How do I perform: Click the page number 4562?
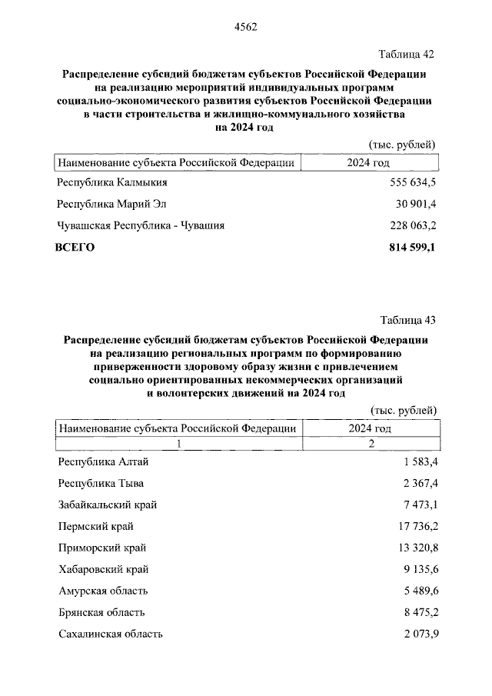point(245,26)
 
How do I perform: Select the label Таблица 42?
point(407,54)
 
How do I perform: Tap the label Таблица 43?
point(408,320)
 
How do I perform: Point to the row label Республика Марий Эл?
point(111,205)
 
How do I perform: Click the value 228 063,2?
point(409,226)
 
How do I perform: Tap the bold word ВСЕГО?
point(75,248)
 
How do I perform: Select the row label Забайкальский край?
point(108,505)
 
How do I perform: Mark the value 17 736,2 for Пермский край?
point(414,526)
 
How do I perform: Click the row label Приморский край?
point(102,548)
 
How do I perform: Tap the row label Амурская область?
point(103,591)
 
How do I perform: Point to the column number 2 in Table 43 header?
point(371,444)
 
